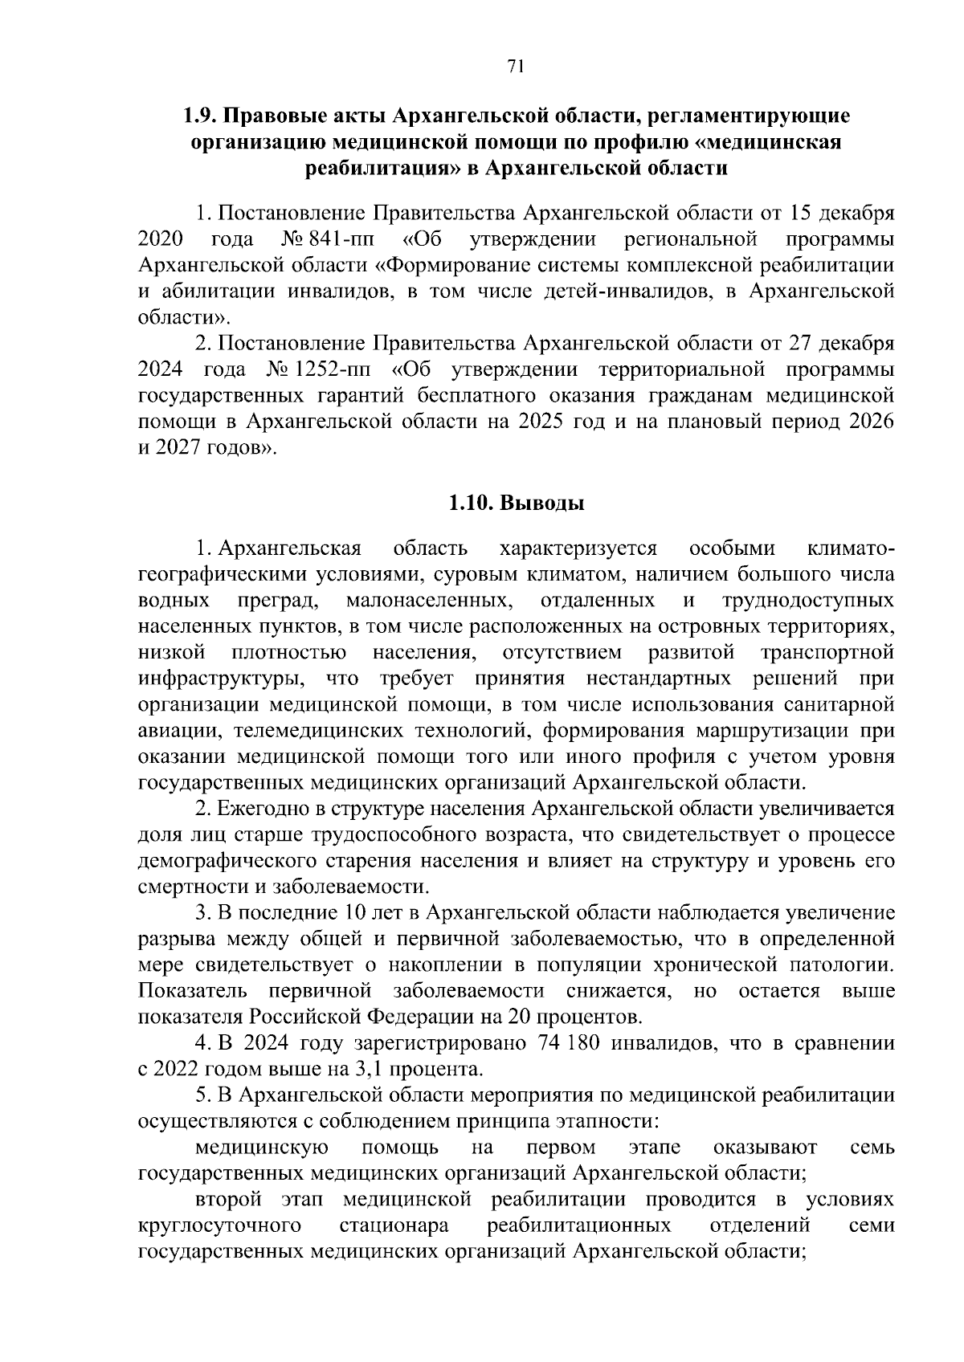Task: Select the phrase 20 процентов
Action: tap(572, 1017)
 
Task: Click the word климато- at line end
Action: tap(849, 548)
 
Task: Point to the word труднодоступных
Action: tap(808, 601)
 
